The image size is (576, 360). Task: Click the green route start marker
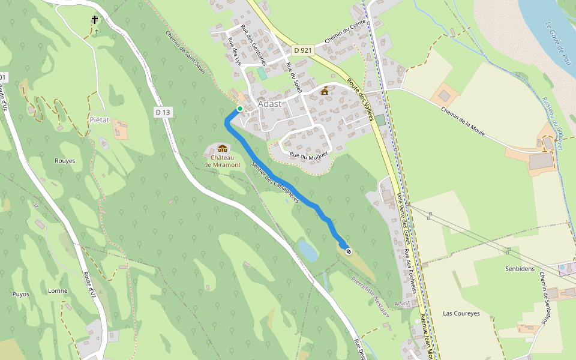tap(239, 109)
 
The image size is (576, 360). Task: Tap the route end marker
tap(348, 251)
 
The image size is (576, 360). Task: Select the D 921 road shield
tap(302, 50)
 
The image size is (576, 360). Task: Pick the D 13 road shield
tap(163, 112)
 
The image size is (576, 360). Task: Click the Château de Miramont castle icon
tap(223, 149)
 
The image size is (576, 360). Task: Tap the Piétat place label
tap(100, 119)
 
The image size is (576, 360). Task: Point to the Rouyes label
tap(65, 161)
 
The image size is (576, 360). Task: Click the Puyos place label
tap(20, 294)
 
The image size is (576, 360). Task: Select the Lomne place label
tap(58, 291)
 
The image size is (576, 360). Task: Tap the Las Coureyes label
tap(461, 313)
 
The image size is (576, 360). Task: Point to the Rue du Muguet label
tap(308, 156)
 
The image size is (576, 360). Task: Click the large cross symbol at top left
tap(95, 20)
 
